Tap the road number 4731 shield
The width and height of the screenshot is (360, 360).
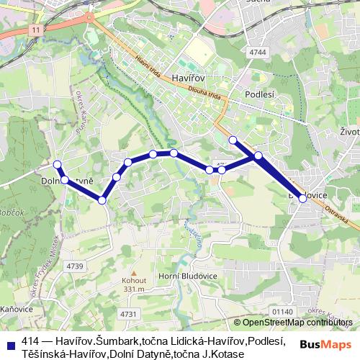coord(128,314)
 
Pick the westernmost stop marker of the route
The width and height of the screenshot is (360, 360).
coord(58,163)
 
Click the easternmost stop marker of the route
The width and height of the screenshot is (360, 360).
coord(302,199)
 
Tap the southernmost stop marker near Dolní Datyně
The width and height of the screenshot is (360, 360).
coord(102,200)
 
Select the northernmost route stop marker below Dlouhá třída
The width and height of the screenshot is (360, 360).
coord(232,140)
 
